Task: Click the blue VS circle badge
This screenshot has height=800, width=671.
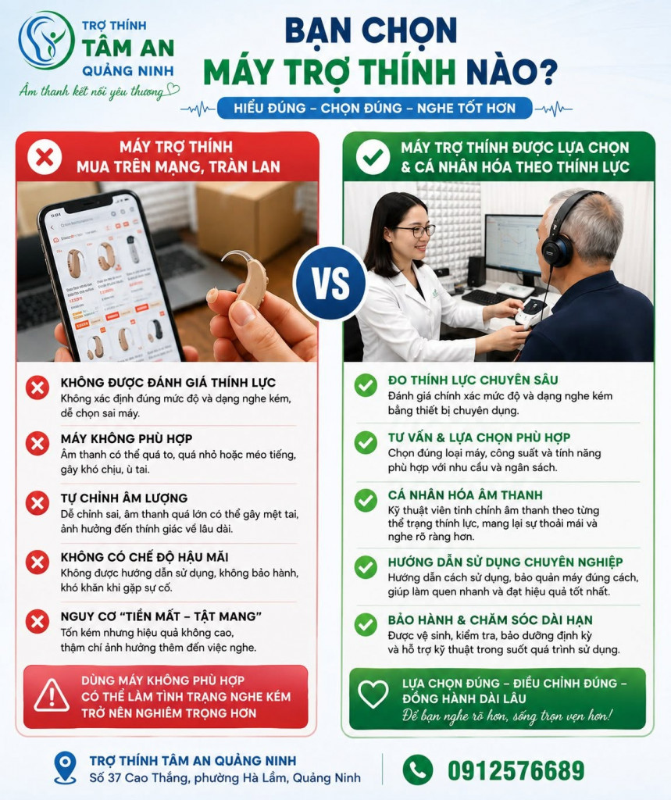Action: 330,284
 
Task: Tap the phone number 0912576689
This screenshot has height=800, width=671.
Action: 516,770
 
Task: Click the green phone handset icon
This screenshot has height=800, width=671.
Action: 417,770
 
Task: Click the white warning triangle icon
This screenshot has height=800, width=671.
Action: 52,695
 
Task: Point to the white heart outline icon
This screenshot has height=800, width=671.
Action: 373,694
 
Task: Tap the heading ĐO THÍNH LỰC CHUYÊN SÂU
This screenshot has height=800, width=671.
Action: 473,380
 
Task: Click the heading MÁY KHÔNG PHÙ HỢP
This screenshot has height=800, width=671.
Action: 127,439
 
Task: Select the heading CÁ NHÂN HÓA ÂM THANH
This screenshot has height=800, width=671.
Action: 465,495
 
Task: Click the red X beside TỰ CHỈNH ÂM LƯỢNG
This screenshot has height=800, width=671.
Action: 37,503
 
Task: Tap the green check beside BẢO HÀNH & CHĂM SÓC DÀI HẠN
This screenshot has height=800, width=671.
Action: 366,624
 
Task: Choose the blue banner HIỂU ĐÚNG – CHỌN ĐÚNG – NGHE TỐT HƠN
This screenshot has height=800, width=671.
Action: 374,108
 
